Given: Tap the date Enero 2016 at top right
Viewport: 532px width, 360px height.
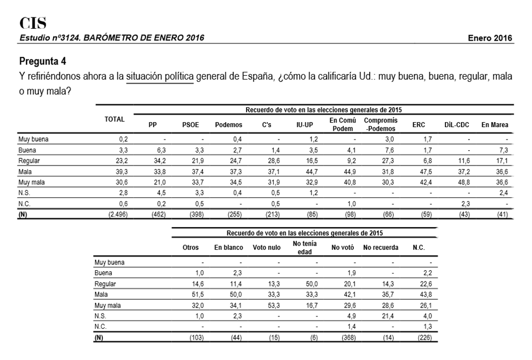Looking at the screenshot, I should [490, 38].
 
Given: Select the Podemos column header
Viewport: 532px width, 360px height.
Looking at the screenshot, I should [228, 125].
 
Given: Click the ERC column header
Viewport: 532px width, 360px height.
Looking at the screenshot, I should [419, 125].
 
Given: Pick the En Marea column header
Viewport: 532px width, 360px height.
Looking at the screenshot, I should [495, 125].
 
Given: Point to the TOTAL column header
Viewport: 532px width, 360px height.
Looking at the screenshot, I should [115, 119].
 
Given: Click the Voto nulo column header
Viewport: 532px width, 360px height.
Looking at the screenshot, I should [267, 248].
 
